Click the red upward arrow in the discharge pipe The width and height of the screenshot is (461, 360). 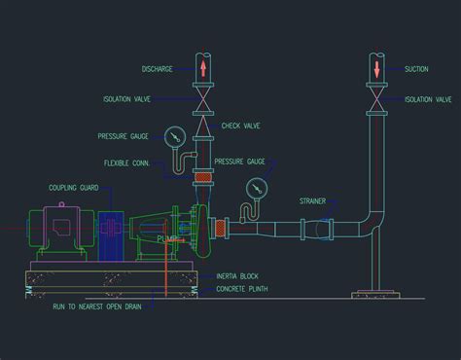[x=203, y=68]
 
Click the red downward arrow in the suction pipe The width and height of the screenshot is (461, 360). [x=377, y=68]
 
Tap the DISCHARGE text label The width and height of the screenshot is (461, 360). [x=156, y=69]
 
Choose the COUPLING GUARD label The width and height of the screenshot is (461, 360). [x=73, y=188]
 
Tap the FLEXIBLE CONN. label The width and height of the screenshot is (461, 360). [x=125, y=162]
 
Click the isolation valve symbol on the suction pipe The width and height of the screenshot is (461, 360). [x=377, y=98]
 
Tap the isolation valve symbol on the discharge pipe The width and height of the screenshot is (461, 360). [x=203, y=98]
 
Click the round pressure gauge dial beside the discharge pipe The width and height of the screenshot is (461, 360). [x=175, y=135]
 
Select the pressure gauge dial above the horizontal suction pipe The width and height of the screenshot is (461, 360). [x=258, y=187]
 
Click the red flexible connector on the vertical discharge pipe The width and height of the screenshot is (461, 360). [x=202, y=176]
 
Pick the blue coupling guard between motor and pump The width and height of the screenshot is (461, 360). [x=110, y=234]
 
